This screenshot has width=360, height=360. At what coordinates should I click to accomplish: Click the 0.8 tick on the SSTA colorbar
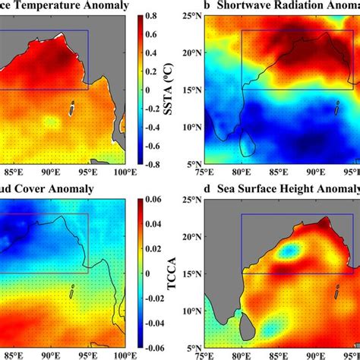(x=152, y=14)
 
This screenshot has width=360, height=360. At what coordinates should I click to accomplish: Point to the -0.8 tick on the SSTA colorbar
(x=152, y=163)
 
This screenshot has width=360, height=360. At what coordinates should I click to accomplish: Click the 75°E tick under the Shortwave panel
(x=204, y=172)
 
